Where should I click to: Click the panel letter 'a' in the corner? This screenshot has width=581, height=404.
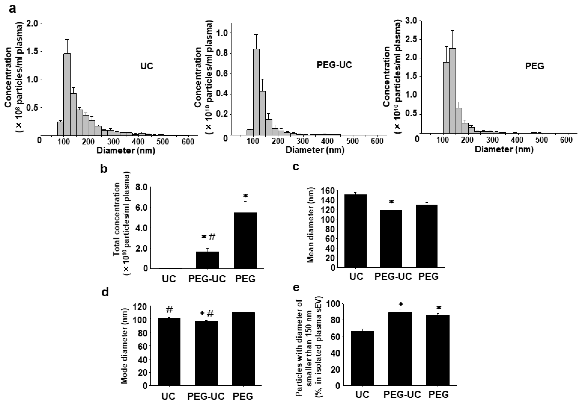[x=13, y=9]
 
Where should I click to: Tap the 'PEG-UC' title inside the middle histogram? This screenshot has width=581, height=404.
[x=334, y=65]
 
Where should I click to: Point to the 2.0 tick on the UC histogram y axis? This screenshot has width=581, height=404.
[x=32, y=24]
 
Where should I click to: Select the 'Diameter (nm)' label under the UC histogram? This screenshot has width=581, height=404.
[x=126, y=151]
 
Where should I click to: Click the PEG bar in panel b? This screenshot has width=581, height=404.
[x=245, y=241]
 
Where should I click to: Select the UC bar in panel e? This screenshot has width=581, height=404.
[x=362, y=358]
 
